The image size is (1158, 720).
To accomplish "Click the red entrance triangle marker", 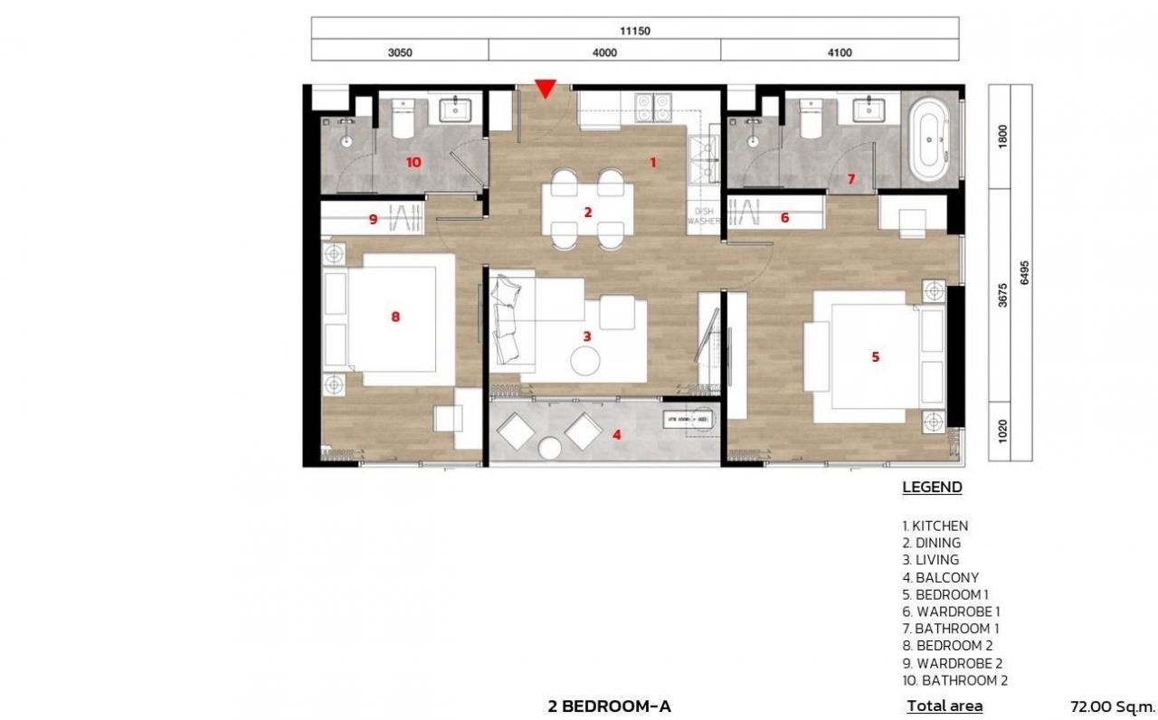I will [x=545, y=88].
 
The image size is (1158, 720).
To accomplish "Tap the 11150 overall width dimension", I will [x=635, y=30].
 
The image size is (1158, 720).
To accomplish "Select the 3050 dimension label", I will [x=400, y=52].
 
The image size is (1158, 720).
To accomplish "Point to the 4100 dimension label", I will [x=840, y=52].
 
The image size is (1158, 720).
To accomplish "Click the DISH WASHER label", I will [x=703, y=215].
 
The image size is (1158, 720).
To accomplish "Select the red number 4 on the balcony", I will [x=617, y=434].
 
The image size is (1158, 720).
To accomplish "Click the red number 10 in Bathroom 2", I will [x=413, y=162].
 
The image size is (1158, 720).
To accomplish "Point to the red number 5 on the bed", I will [x=875, y=357].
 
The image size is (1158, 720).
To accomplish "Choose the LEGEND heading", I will [x=932, y=488].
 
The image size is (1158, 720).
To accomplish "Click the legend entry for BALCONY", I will [x=940, y=577].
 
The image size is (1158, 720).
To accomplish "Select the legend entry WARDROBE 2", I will [x=952, y=663].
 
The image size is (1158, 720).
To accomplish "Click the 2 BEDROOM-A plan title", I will [x=609, y=706].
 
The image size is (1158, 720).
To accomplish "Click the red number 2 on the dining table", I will [x=587, y=213].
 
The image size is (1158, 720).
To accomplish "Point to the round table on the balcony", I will [x=550, y=448].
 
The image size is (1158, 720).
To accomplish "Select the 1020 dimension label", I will [x=1001, y=430].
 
